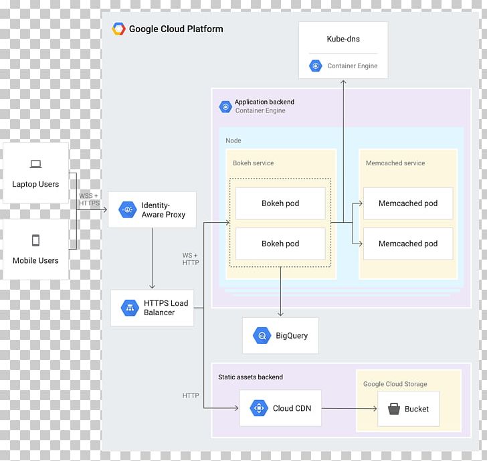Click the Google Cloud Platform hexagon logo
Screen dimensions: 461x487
pyautogui.click(x=118, y=29)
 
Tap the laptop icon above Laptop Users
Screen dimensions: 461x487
pyautogui.click(x=35, y=164)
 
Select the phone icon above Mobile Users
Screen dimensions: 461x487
pyautogui.click(x=35, y=240)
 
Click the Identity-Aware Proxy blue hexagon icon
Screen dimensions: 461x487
pyautogui.click(x=127, y=209)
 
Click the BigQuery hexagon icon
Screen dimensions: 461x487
pyautogui.click(x=261, y=335)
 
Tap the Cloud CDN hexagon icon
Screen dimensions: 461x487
pyautogui.click(x=258, y=408)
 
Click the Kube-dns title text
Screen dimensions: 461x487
pyautogui.click(x=343, y=39)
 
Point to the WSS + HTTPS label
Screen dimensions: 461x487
pyautogui.click(x=89, y=199)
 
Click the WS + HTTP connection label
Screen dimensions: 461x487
pyautogui.click(x=191, y=259)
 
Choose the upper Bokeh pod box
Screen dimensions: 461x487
pyautogui.click(x=280, y=203)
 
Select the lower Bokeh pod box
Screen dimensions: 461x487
pyautogui.click(x=280, y=244)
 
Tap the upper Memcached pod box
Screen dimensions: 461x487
pyautogui.click(x=407, y=203)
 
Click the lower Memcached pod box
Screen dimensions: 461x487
pyautogui.click(x=407, y=244)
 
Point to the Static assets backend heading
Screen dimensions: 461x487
pyautogui.click(x=250, y=377)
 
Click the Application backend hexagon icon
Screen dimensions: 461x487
pyautogui.click(x=225, y=106)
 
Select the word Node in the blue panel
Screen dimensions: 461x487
pyautogui.click(x=233, y=141)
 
